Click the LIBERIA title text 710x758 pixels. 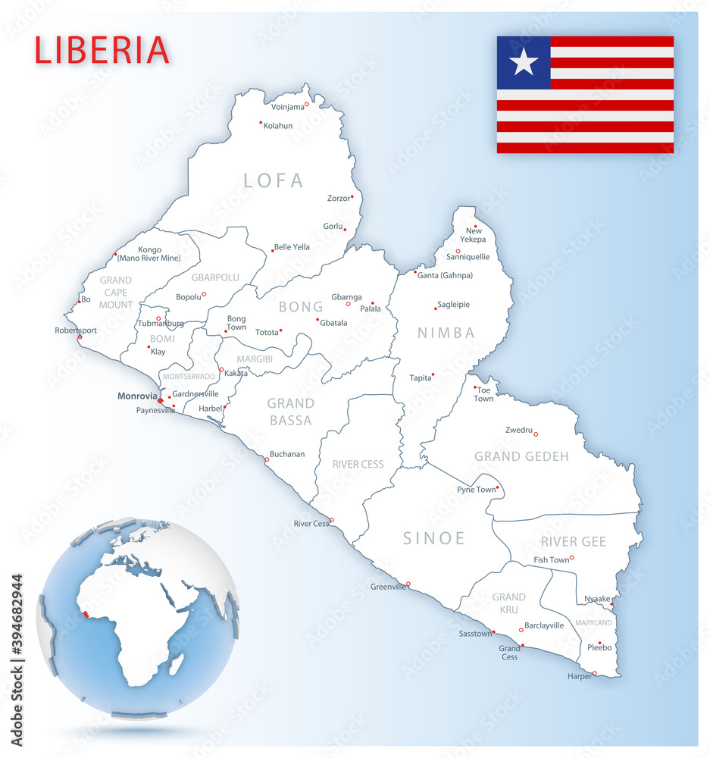click(x=102, y=50)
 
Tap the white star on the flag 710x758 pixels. click(x=524, y=62)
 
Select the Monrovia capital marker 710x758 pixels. click(x=160, y=401)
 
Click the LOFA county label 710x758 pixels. click(x=274, y=180)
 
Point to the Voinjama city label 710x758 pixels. click(x=288, y=107)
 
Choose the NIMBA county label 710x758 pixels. click(x=446, y=333)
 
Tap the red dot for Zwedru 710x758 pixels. click(x=536, y=434)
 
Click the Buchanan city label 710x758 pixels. click(x=287, y=454)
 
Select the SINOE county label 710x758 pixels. click(x=434, y=538)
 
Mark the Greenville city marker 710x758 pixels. click(x=408, y=584)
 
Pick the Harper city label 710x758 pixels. click(x=580, y=676)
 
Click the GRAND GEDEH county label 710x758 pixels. click(x=521, y=456)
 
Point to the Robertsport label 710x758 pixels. click(x=76, y=330)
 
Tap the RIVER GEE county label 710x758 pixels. click(x=574, y=541)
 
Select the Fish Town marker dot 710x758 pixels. click(x=572, y=558)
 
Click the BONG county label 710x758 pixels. click(x=301, y=307)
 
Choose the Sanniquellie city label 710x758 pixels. click(x=468, y=256)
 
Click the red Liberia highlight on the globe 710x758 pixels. click(x=89, y=614)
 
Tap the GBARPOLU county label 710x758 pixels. click(x=215, y=277)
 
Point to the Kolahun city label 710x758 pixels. click(x=278, y=126)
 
